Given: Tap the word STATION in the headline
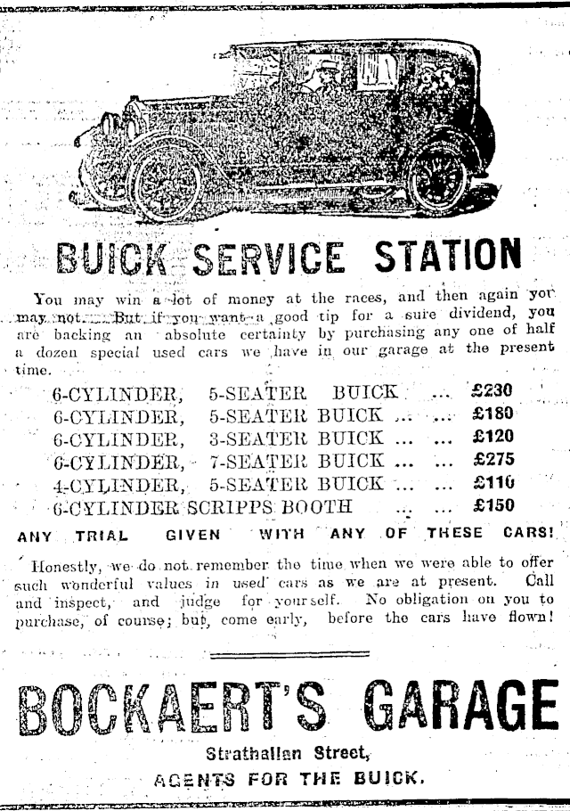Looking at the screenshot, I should tap(448, 257).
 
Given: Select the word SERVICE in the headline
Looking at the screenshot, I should tap(267, 258).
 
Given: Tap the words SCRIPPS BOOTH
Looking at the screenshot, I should tap(276, 507).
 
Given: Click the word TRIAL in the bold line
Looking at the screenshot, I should tap(102, 537).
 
